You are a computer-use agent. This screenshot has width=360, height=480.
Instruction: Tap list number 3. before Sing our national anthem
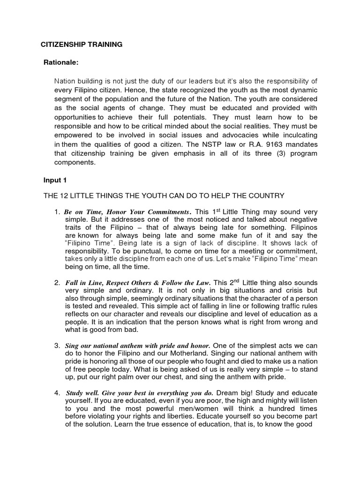click(x=58, y=346)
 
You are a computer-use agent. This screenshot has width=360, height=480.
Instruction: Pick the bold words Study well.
click(x=82, y=393)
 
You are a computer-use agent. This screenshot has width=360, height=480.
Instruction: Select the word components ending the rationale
click(x=75, y=162)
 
